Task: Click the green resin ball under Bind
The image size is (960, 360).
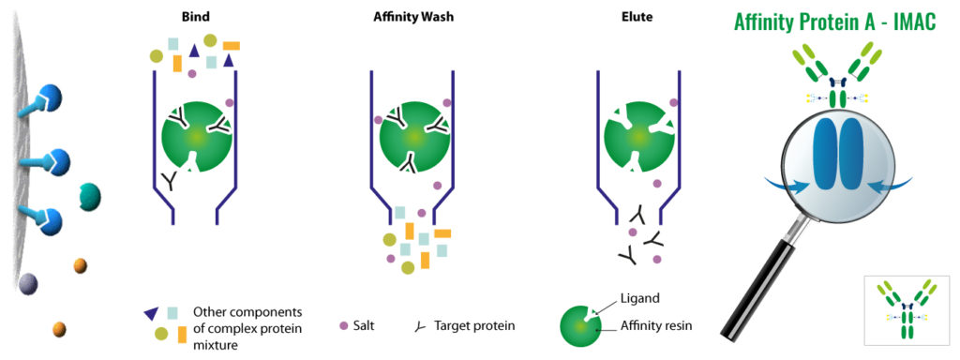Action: pos(195,137)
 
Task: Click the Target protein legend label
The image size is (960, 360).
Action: pos(473,326)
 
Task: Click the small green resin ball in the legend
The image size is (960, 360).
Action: pos(582,324)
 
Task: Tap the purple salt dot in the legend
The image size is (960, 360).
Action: pos(343,326)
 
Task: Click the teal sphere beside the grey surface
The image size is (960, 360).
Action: pos(91,196)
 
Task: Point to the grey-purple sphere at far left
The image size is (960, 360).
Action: pos(28,284)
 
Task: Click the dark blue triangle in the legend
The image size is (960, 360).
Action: pos(150,313)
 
